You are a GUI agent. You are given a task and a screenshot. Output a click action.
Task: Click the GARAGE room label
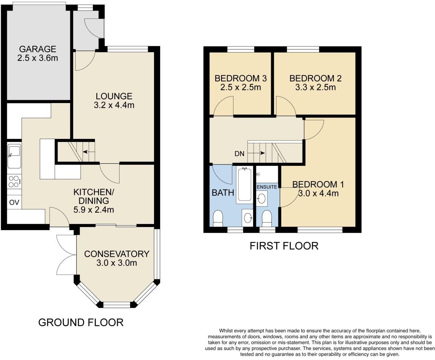click(x=38, y=49)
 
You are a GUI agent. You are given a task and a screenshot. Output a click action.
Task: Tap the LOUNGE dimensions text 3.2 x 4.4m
click(x=114, y=106)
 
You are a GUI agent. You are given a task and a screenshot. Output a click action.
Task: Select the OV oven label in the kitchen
click(x=14, y=202)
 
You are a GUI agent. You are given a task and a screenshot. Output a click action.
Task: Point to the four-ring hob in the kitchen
click(x=14, y=181)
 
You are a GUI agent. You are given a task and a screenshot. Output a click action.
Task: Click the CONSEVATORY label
click(x=117, y=254)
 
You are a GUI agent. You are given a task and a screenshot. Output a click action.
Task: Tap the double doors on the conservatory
click(x=66, y=254)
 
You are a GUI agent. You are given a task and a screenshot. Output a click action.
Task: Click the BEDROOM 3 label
click(x=241, y=78)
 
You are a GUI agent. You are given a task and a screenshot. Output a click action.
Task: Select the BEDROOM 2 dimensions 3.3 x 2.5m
click(x=315, y=87)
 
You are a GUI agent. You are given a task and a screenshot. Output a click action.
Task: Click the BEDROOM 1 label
click(x=318, y=184)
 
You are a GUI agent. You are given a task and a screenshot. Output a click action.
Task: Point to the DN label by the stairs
click(x=239, y=154)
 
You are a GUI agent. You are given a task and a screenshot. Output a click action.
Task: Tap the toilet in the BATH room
click(x=218, y=218)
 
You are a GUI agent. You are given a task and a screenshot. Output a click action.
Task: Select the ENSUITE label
click(x=267, y=187)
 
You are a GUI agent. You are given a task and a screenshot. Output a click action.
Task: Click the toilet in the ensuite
click(x=267, y=218)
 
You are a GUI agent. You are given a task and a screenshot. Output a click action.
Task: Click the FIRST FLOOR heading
click(x=284, y=246)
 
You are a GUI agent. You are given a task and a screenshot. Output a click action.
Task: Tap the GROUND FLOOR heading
click(x=81, y=322)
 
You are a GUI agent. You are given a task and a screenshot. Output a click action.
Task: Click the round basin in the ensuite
click(x=261, y=198)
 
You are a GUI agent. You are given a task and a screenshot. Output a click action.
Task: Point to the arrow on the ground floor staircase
click(x=88, y=151)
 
